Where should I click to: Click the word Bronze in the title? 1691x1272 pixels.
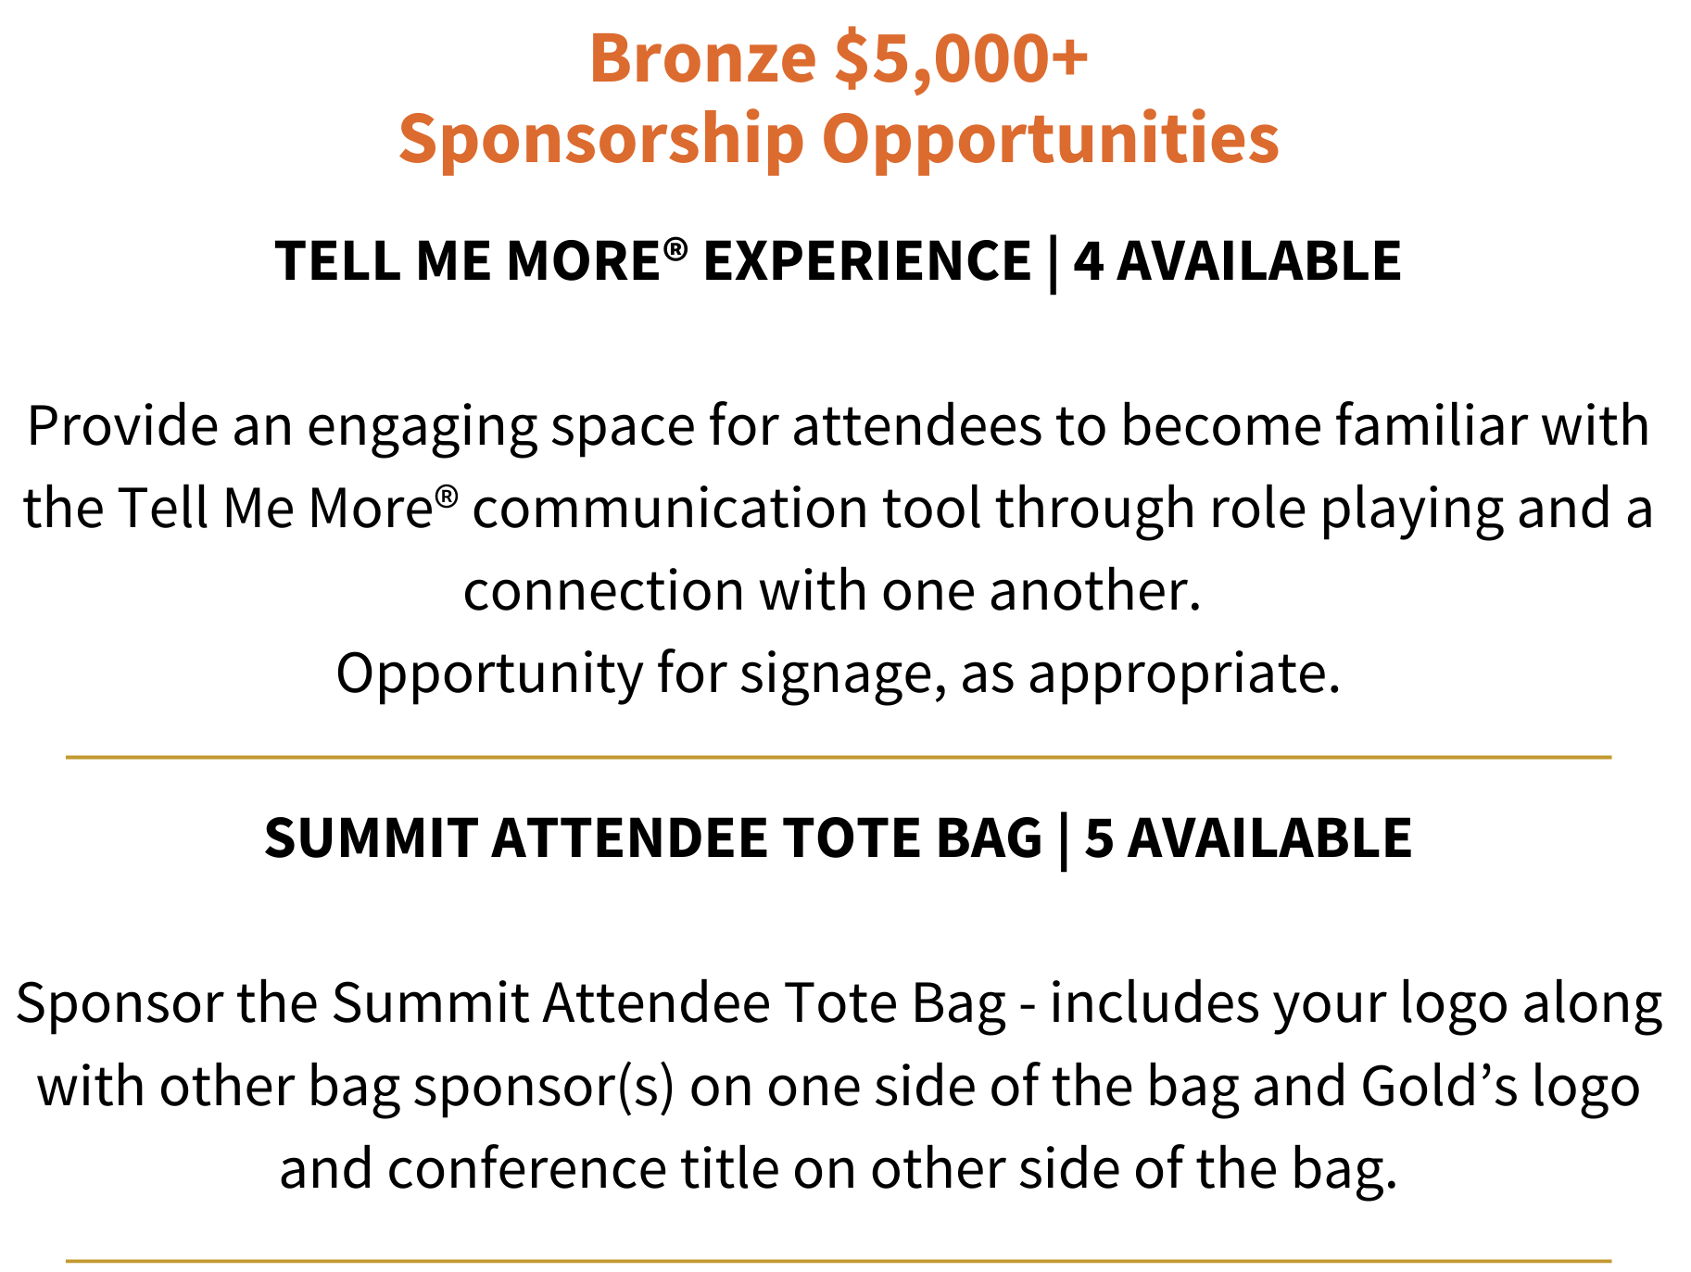tap(702, 58)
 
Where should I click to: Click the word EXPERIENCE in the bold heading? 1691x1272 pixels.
tap(867, 260)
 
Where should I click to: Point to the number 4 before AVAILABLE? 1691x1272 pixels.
tap(1089, 260)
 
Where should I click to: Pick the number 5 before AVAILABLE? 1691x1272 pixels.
tap(1099, 838)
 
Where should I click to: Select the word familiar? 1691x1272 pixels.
tap(1431, 426)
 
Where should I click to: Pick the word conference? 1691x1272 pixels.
tap(526, 1169)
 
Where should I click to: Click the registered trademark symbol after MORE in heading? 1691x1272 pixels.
tap(676, 248)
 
